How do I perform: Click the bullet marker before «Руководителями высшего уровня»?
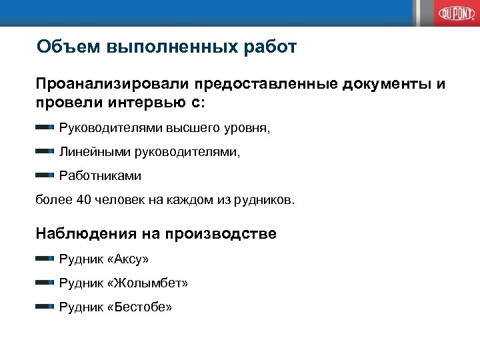click(x=45, y=127)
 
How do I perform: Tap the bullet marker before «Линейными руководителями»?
click(x=45, y=151)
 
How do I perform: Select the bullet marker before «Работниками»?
click(x=45, y=175)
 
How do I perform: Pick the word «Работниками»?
click(x=100, y=176)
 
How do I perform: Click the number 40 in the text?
click(x=84, y=200)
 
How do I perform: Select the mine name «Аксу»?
click(x=128, y=258)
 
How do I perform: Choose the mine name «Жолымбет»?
click(x=147, y=283)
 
